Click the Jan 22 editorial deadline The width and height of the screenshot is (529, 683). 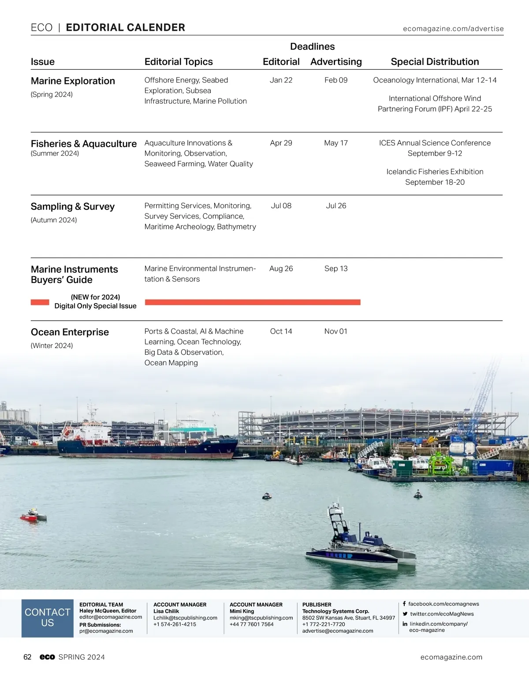(x=281, y=80)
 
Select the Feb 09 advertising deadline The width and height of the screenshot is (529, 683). (x=336, y=80)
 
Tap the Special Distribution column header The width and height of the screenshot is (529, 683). (x=435, y=62)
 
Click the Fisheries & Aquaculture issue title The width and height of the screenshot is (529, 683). (x=84, y=144)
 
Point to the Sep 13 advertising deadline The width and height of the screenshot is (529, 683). (x=336, y=269)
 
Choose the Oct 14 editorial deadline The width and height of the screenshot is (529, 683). (x=281, y=331)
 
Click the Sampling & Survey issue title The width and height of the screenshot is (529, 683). (x=73, y=206)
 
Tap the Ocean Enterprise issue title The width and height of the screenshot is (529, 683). (x=70, y=332)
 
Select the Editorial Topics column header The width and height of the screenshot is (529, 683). (x=179, y=62)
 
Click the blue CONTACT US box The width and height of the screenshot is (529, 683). (x=48, y=618)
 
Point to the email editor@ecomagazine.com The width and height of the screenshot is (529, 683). (x=111, y=617)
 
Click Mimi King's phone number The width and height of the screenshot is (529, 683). (x=251, y=624)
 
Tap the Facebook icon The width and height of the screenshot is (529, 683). (x=404, y=604)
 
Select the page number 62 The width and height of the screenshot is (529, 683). (x=27, y=657)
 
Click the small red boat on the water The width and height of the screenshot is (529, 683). (x=33, y=516)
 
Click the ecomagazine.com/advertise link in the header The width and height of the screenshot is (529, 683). (x=453, y=29)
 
